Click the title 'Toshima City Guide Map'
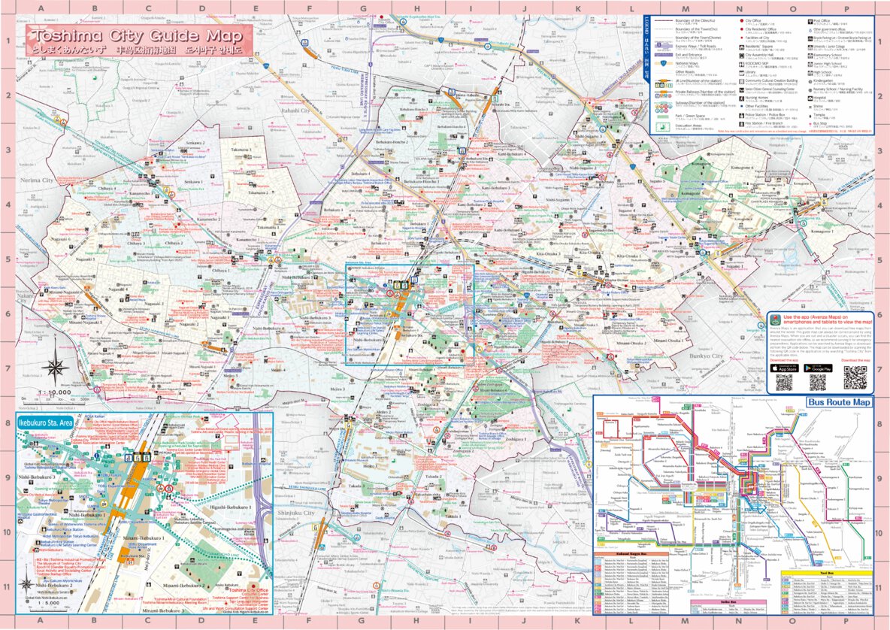click(138, 36)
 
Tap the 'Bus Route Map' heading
click(840, 402)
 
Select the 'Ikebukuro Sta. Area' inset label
click(44, 423)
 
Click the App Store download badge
click(784, 368)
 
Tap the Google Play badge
click(818, 368)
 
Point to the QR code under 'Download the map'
click(855, 377)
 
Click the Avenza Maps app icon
click(774, 319)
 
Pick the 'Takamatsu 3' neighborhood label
click(241, 150)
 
